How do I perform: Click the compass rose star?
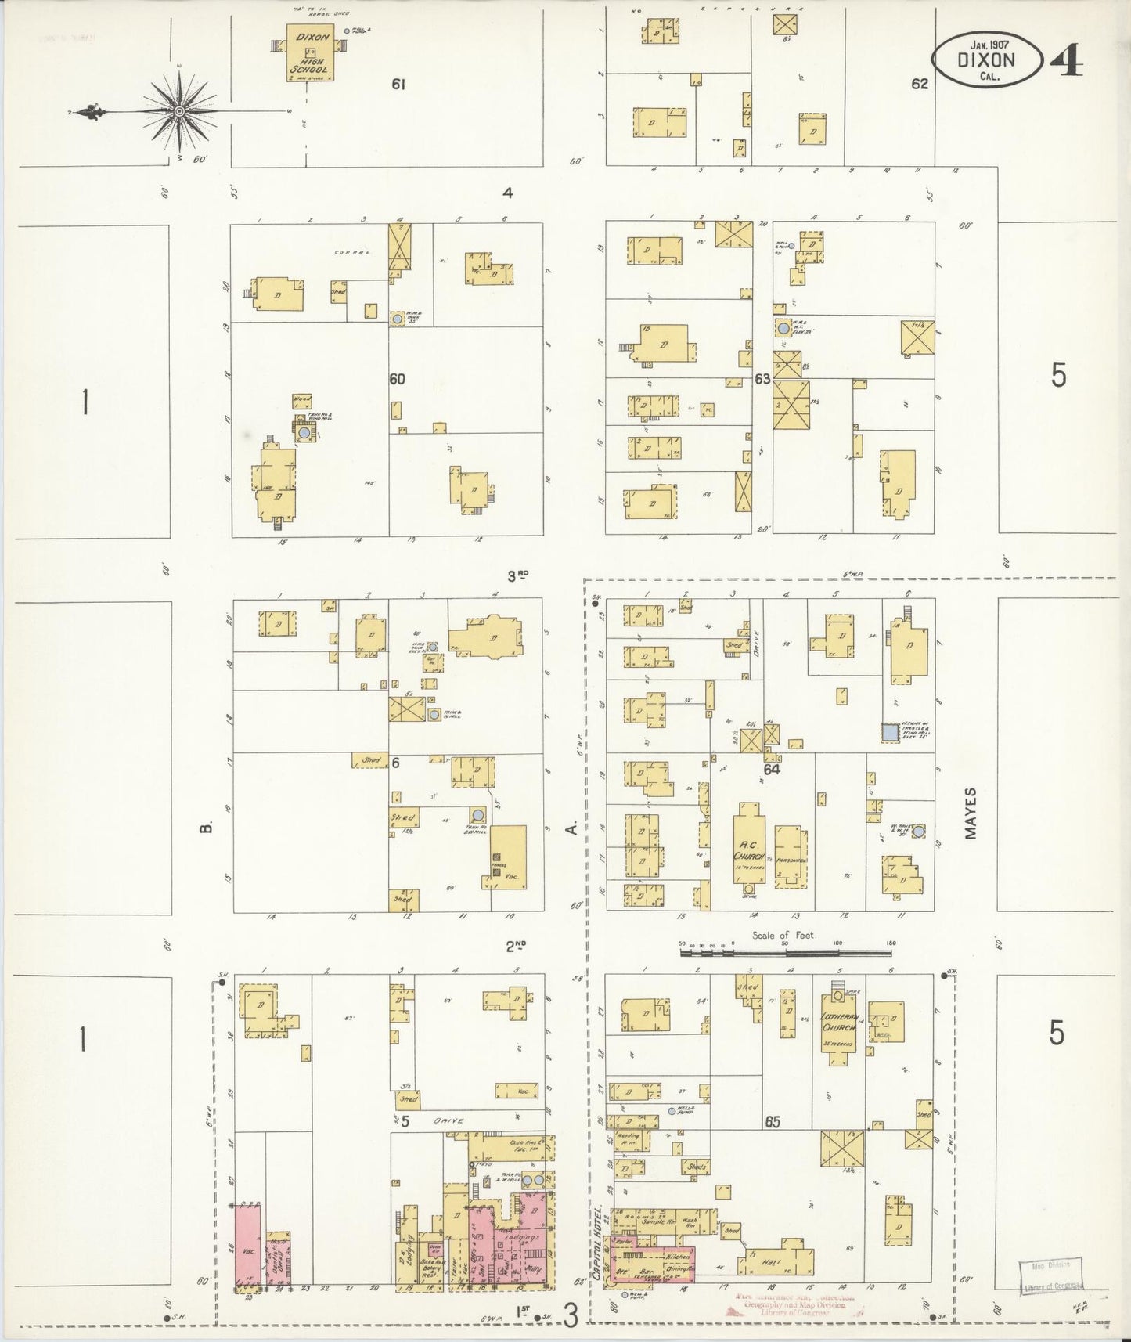click(x=180, y=111)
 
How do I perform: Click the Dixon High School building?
click(x=312, y=53)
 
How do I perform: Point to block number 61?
click(x=398, y=84)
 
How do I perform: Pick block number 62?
click(x=919, y=83)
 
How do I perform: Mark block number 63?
click(x=762, y=379)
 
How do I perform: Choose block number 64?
click(x=772, y=770)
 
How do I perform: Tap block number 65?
click(x=773, y=1122)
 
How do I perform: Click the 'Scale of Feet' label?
click(x=783, y=935)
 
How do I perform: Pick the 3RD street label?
click(x=517, y=576)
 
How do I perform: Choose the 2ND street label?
click(x=515, y=946)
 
